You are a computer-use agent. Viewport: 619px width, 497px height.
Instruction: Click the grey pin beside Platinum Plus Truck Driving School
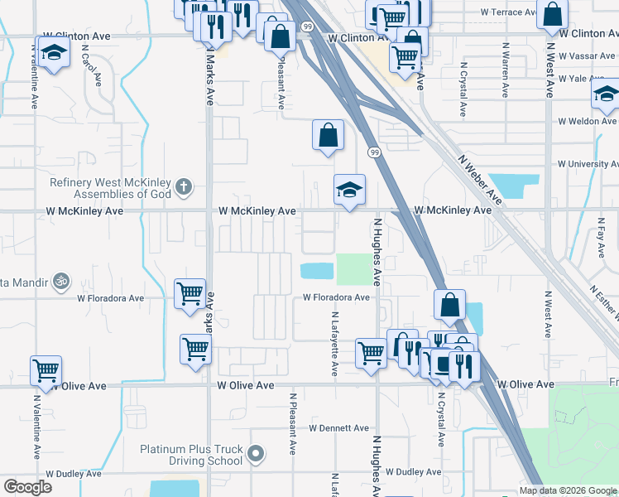click(256, 454)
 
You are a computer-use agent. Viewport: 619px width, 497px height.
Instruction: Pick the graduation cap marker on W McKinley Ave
click(349, 191)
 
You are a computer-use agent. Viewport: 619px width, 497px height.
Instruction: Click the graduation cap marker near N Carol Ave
click(54, 53)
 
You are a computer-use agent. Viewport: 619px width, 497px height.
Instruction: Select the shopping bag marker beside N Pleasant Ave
click(281, 36)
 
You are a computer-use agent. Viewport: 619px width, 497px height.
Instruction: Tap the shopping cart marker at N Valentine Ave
click(45, 370)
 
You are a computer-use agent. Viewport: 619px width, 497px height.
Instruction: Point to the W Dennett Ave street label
click(338, 428)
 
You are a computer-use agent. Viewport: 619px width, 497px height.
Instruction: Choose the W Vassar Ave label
click(588, 56)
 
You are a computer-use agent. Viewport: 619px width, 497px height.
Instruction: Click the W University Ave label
click(588, 164)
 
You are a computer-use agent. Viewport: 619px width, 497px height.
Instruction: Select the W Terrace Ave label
click(514, 12)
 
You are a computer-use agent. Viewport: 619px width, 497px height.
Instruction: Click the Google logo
click(28, 487)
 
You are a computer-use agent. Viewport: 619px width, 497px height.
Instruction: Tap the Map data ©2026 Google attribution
click(567, 490)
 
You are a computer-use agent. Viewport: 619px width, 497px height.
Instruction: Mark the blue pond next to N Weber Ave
click(513, 186)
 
